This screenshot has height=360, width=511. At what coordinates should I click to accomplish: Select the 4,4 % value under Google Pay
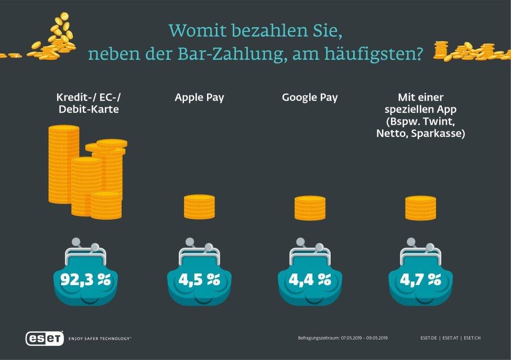click(x=309, y=279)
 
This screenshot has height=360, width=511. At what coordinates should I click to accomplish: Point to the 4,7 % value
click(x=420, y=279)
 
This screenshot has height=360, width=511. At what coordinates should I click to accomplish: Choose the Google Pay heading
click(x=310, y=97)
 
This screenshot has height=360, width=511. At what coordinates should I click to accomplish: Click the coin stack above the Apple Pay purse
click(x=199, y=206)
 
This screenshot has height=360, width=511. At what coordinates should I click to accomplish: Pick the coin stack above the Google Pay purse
click(x=310, y=208)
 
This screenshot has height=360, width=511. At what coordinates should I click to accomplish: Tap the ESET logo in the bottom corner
click(x=45, y=339)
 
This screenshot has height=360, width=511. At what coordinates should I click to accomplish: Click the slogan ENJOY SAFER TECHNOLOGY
click(x=100, y=339)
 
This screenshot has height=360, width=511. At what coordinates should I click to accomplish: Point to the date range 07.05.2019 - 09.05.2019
click(x=365, y=338)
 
